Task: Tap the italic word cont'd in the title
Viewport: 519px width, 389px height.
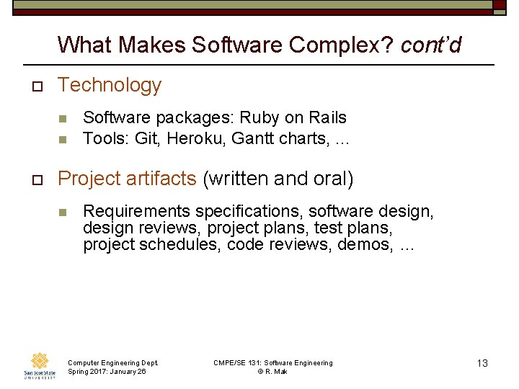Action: (430, 45)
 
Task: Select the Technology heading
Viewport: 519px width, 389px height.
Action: (110, 85)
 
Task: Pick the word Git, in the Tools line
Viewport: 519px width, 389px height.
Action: (147, 138)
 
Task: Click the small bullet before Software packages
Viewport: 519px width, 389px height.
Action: (63, 118)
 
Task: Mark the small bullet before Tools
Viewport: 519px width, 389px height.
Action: (63, 139)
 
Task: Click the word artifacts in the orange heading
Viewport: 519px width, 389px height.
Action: (161, 179)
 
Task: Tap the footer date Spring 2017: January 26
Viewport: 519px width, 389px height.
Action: (107, 372)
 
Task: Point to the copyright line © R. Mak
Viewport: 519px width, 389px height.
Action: (272, 372)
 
